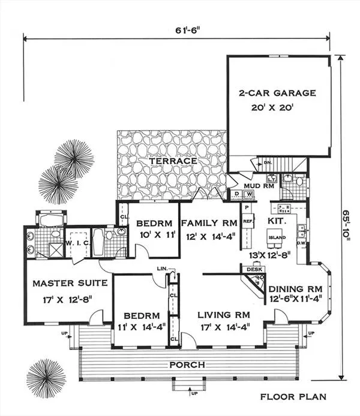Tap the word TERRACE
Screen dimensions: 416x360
tap(173, 161)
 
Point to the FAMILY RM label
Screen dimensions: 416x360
tap(209, 221)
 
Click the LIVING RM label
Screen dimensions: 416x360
tap(225, 314)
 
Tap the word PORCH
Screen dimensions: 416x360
tap(186, 364)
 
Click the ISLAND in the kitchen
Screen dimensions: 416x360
tap(277, 237)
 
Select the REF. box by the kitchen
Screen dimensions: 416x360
tap(248, 221)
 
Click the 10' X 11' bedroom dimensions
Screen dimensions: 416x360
tap(154, 235)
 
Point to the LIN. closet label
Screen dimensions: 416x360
tap(160, 268)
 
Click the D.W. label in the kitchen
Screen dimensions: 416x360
tap(302, 243)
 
